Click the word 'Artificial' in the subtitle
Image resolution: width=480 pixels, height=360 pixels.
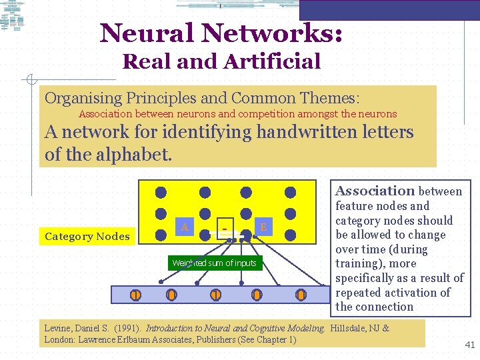point(272,61)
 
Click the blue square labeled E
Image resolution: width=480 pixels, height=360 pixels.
point(263,227)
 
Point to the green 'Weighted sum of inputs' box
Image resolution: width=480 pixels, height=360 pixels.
point(214,263)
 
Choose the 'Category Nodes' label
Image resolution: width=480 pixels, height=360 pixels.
point(87,236)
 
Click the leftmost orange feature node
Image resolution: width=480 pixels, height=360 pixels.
point(135,295)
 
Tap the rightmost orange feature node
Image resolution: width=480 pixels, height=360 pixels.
point(301,295)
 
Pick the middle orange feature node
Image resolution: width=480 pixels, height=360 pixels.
point(215,295)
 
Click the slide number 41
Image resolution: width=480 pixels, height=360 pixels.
point(469,345)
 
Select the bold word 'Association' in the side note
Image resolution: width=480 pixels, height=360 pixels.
point(375,191)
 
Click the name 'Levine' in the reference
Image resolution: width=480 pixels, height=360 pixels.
point(61,328)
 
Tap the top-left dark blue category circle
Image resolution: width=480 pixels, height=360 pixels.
point(161,192)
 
